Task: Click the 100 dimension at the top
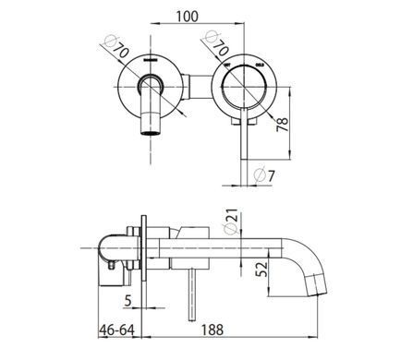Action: pos(187,16)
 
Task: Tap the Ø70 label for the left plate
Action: pos(116,47)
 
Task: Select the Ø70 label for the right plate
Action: pos(217,43)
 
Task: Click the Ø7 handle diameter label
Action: pos(264,175)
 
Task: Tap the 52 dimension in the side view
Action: pos(262,270)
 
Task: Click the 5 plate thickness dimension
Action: pos(128,301)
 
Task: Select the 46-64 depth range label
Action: pos(117,330)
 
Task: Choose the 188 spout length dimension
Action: pos(213,330)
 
